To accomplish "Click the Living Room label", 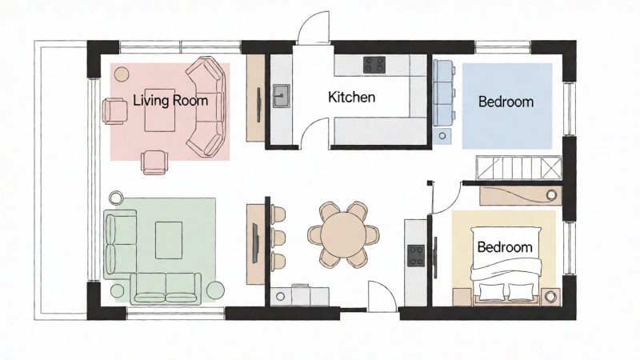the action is [170, 101].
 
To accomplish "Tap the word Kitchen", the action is [351, 97].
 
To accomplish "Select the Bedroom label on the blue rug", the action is [506, 102].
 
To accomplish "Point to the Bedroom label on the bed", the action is [505, 247].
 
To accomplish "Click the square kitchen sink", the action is [282, 96].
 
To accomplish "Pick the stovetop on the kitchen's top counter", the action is [374, 65].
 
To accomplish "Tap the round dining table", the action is [343, 234].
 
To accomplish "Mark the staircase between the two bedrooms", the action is [518, 168].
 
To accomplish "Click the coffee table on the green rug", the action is [169, 240].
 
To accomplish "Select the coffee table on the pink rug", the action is [159, 110].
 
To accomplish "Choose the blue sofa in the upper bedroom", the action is [444, 93].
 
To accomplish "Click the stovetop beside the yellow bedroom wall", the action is [416, 255].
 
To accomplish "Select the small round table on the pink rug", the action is [122, 74].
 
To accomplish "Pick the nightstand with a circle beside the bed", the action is [551, 297].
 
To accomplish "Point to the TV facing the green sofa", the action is [255, 243].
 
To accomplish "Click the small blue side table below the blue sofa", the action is [443, 136].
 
